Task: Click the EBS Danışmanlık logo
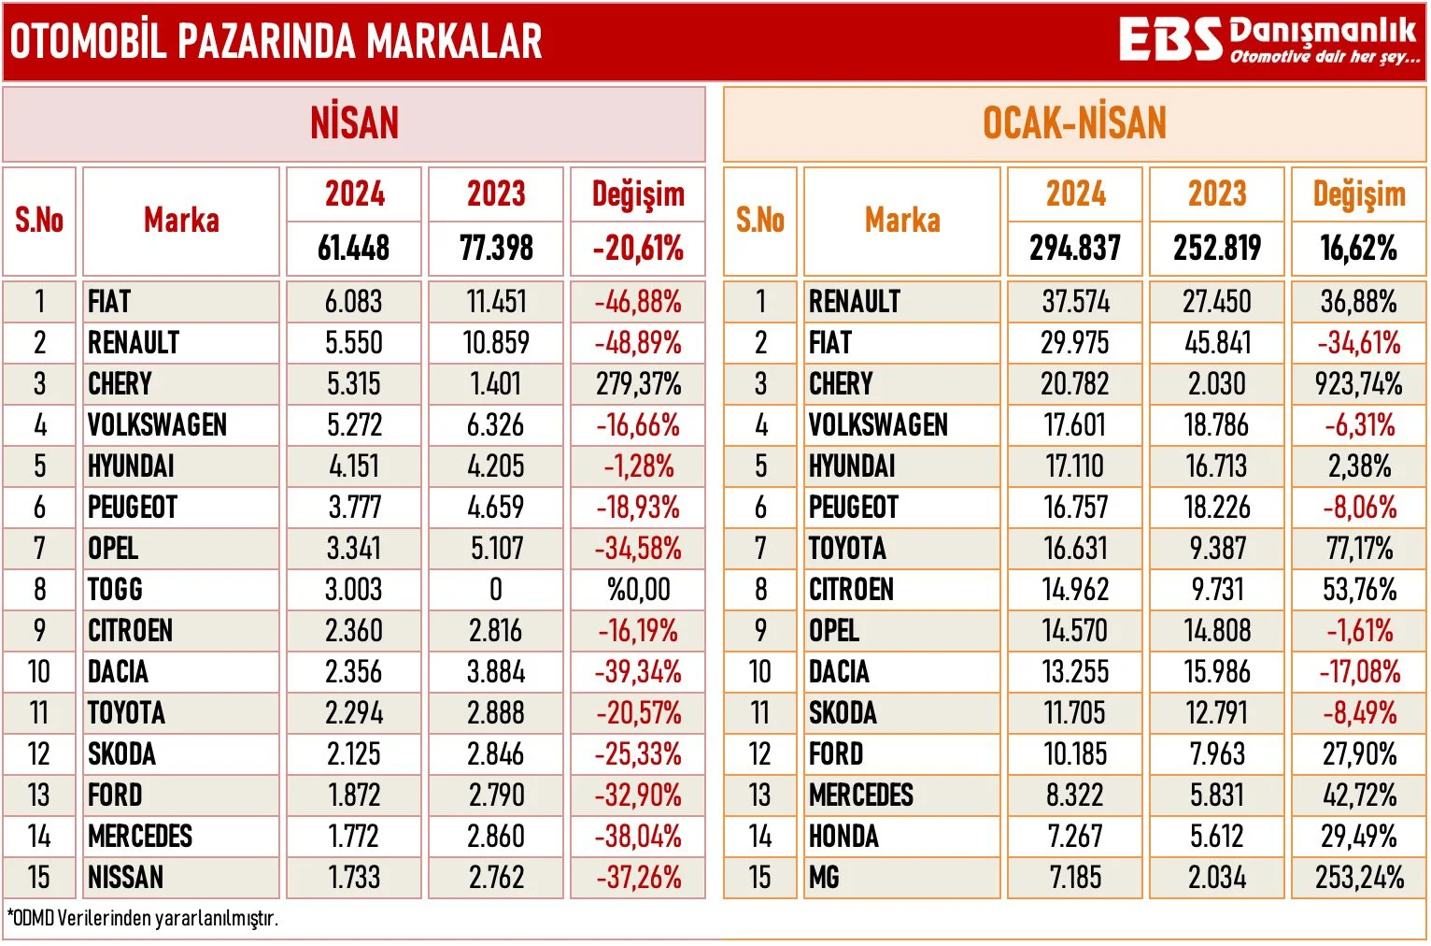(1268, 40)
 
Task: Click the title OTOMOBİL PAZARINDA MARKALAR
(276, 41)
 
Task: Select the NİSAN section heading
(354, 123)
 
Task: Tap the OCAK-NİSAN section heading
(1074, 123)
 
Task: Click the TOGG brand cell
(115, 589)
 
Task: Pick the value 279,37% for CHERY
(638, 383)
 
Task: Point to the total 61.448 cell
(354, 249)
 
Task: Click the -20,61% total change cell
(638, 249)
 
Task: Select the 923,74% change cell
(1359, 383)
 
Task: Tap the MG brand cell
(824, 877)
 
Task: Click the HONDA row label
(843, 836)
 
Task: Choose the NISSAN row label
(125, 877)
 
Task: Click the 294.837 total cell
(1075, 249)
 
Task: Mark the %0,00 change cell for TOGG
(638, 589)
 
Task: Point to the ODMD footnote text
(142, 918)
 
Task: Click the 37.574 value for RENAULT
(1075, 301)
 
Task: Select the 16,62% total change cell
(1359, 249)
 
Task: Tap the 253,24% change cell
(1359, 877)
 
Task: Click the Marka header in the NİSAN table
(181, 221)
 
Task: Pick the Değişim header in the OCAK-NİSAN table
(1359, 194)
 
